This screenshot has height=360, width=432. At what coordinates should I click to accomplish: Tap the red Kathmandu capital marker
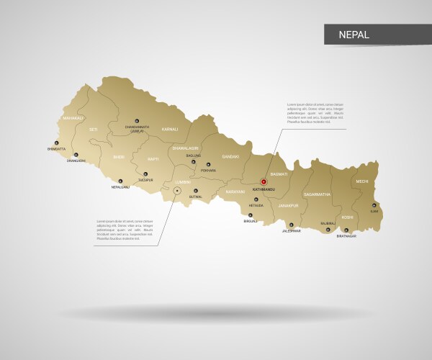click(264, 182)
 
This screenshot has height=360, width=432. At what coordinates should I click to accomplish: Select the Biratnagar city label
click(346, 236)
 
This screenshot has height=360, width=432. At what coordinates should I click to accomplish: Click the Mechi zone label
click(362, 182)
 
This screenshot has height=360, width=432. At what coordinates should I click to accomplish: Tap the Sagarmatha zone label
click(317, 194)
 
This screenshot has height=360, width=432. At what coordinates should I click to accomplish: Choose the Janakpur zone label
click(288, 205)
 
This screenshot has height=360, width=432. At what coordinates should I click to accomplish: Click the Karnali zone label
click(169, 130)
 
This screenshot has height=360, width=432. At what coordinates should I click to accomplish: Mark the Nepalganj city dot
click(120, 181)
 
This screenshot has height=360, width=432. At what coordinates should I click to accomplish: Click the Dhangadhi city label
click(76, 161)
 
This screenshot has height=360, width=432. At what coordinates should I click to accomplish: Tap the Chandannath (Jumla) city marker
click(136, 121)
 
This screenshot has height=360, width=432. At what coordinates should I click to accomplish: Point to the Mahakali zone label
click(73, 117)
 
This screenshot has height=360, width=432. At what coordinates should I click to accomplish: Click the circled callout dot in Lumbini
click(177, 191)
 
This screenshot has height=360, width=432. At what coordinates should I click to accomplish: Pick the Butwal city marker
click(195, 190)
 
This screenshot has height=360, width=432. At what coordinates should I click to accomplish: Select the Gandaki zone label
click(230, 156)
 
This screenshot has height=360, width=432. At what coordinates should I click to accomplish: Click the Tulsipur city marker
click(145, 174)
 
